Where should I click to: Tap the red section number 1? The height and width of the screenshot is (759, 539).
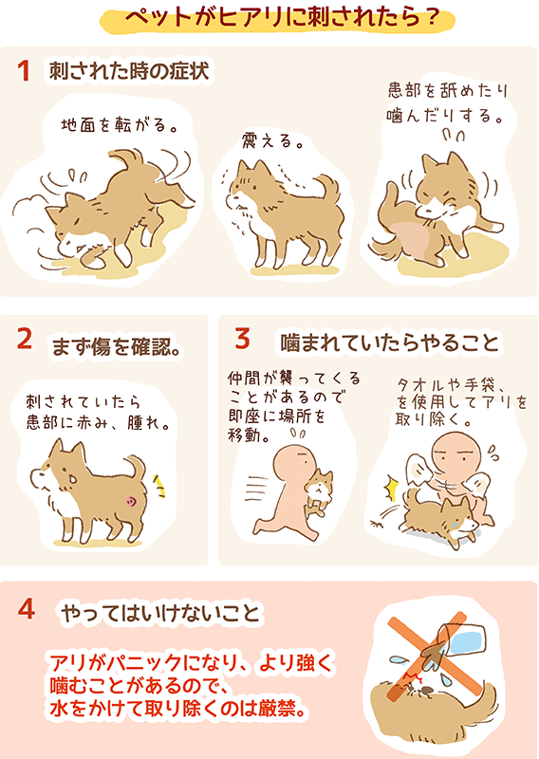(x=24, y=71)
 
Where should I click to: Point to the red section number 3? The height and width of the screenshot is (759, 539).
(x=243, y=338)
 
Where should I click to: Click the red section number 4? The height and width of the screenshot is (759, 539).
(x=27, y=608)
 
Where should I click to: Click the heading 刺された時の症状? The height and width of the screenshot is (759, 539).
(x=129, y=72)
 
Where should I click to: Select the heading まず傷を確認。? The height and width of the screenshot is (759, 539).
(x=116, y=347)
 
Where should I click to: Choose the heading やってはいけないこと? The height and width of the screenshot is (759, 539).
(x=160, y=614)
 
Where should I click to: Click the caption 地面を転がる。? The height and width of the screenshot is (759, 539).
(x=120, y=125)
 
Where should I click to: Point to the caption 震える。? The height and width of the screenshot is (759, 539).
(x=271, y=140)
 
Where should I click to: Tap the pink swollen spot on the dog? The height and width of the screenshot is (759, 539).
(x=131, y=502)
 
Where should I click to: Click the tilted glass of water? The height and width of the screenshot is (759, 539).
(x=459, y=641)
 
